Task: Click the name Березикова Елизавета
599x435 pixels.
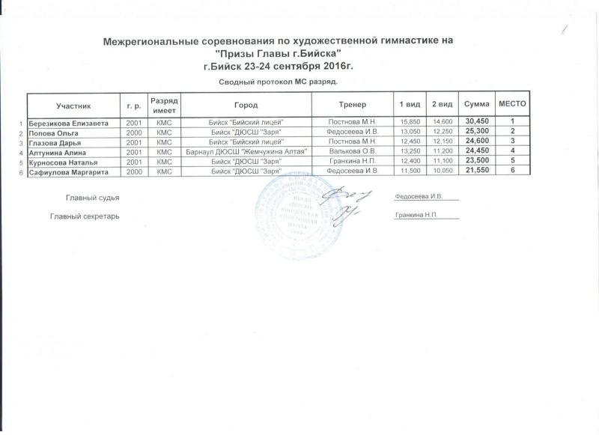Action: [x=69, y=121]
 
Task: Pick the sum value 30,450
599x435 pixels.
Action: [x=477, y=121]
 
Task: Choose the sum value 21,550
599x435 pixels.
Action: [x=477, y=172]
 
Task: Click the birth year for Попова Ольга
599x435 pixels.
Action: [x=134, y=132]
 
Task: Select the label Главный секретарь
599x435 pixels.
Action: [x=84, y=216]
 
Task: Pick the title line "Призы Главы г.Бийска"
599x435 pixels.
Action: [x=278, y=54]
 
